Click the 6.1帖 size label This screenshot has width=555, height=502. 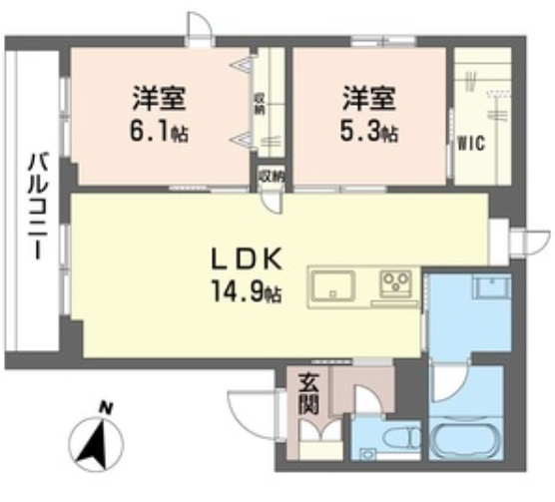[x=159, y=133]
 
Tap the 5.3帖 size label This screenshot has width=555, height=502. [x=368, y=133]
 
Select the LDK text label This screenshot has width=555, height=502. [x=247, y=258]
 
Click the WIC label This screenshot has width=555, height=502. [x=471, y=144]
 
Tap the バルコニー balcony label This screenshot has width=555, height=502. [x=38, y=206]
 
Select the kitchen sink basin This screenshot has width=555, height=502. [x=332, y=285]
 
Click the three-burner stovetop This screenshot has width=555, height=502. [x=396, y=283]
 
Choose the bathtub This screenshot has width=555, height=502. [x=466, y=438]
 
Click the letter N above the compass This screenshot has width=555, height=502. [x=105, y=408]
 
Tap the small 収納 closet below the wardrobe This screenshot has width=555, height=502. [x=271, y=177]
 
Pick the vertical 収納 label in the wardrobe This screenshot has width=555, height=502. [x=261, y=105]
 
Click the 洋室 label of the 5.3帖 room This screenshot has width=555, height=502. [x=368, y=98]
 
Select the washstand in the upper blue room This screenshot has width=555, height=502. [x=492, y=287]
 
